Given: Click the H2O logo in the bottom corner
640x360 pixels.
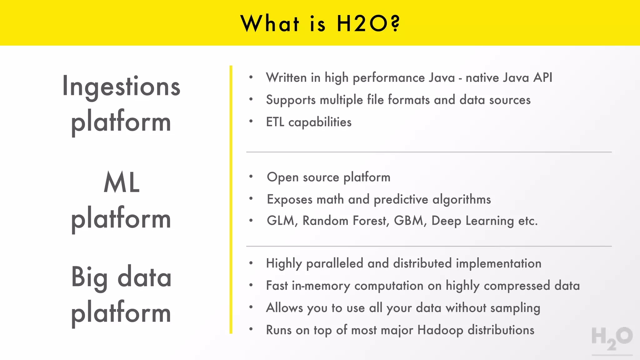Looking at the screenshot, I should (612, 339).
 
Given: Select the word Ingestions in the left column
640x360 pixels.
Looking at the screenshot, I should (121, 87).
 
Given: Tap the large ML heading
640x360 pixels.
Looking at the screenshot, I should (121, 182).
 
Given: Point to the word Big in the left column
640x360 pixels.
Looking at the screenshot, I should (89, 277).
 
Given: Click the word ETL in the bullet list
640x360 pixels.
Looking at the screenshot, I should (275, 122).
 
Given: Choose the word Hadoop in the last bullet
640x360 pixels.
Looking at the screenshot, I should (440, 330).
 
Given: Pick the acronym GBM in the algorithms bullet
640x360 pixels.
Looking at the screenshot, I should (409, 221).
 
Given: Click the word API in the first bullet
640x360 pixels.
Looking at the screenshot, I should (543, 77).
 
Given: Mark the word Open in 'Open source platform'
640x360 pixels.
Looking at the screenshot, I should (283, 177).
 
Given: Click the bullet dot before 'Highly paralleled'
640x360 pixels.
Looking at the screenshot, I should (251, 263).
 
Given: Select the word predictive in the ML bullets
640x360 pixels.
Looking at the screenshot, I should (401, 199).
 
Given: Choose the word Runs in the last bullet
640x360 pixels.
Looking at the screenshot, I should (278, 330).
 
